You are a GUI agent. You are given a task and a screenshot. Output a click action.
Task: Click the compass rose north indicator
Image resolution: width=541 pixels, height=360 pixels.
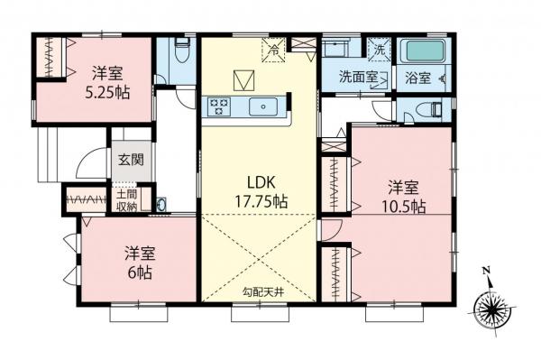pos(491,310)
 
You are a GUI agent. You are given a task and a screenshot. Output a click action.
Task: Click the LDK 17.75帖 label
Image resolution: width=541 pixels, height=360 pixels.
pos(256,191)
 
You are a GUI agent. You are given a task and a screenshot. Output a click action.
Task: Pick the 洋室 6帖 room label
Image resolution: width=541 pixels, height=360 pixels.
pos(138,263)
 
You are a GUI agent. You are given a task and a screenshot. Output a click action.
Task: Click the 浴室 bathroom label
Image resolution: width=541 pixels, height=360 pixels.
pos(417,78)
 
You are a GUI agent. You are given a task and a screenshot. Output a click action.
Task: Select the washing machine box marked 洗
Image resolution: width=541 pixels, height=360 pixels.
pos(380,49)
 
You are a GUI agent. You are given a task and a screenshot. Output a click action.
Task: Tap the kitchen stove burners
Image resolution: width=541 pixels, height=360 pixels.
pos(219,107)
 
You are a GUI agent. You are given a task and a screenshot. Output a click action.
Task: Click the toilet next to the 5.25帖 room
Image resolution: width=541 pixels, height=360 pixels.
pos(178,52)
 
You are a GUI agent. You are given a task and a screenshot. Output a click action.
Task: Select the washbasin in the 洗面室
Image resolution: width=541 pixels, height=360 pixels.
pos(338,51)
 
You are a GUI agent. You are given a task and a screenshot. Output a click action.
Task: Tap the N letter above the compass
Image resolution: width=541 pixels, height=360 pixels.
pos(485,271)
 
